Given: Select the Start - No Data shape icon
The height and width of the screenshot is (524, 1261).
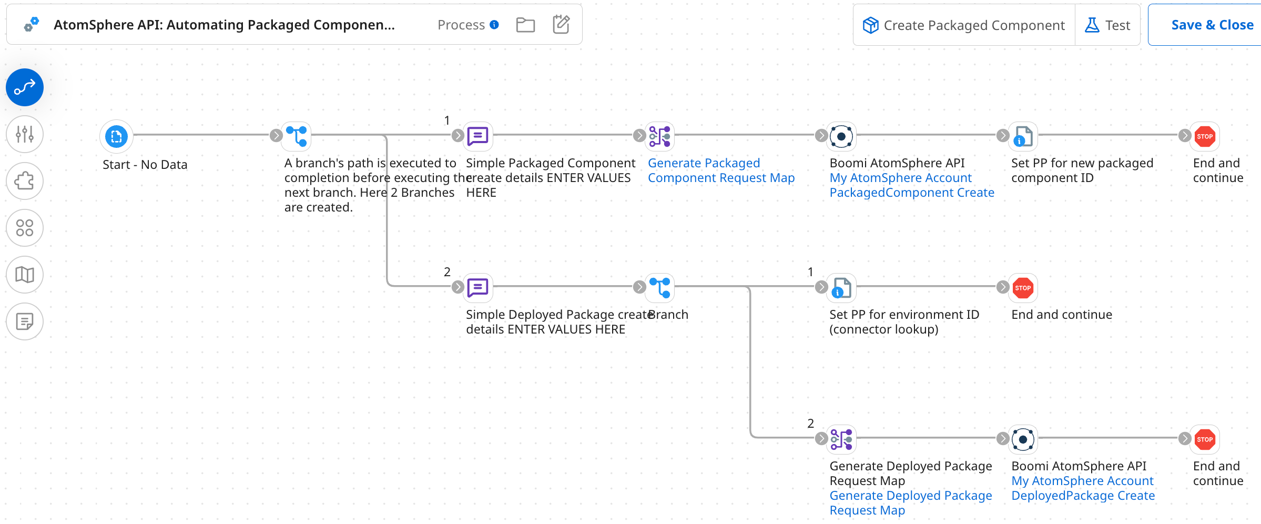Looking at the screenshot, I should point(116,137).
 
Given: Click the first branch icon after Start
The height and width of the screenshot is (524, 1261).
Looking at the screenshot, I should point(297,136).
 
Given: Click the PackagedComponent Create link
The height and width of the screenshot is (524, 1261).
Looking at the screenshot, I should point(911,193).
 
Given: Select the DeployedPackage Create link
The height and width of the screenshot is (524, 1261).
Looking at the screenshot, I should point(1083,496).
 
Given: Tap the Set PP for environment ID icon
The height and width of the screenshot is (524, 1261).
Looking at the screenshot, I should point(841,288).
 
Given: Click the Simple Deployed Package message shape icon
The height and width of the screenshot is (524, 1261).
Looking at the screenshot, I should point(477,288).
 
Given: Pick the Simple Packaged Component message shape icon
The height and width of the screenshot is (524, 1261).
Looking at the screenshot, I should point(477,136).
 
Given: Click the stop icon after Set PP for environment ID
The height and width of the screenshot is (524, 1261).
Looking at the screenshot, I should point(1023,288).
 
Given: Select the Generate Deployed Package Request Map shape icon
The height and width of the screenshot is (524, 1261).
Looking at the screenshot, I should point(841,439).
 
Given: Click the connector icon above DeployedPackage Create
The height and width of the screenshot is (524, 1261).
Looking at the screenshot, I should point(1023,439).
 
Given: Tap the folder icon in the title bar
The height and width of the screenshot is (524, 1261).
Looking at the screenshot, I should point(525,25).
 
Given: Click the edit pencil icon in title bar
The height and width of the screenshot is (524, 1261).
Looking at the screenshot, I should point(561,24).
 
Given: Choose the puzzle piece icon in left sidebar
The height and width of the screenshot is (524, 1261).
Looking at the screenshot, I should point(25,181).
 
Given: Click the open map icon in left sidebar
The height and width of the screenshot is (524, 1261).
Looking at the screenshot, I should point(25,275).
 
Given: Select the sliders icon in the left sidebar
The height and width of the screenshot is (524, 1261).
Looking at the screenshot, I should point(25,134).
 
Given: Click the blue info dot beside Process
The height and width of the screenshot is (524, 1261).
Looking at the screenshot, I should point(494,25).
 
